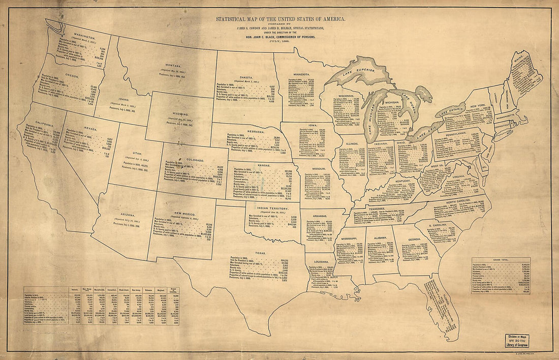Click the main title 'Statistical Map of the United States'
tap(281, 19)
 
